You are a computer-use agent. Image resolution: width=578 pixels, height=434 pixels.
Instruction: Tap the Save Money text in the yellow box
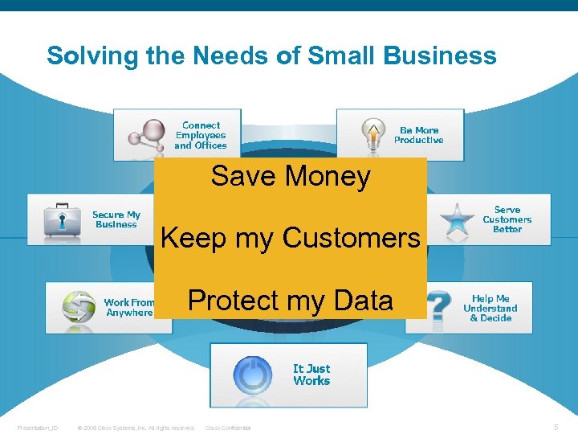(x=291, y=176)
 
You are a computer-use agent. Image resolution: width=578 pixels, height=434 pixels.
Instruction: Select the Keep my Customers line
(x=291, y=238)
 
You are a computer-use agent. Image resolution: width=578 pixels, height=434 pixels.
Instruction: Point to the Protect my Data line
(x=291, y=300)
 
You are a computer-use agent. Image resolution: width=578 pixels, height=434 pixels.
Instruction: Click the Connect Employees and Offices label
(x=201, y=136)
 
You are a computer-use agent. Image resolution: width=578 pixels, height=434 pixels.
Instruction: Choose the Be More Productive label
(x=418, y=135)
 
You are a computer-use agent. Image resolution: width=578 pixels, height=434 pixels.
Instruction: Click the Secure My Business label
(x=116, y=219)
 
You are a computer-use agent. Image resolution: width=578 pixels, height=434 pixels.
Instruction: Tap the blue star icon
(x=457, y=218)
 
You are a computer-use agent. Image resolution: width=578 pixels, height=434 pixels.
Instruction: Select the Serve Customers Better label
(x=507, y=219)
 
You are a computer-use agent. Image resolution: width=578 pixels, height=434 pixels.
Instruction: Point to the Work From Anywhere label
(x=128, y=308)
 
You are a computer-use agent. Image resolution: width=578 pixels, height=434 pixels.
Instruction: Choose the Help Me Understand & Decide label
(x=490, y=309)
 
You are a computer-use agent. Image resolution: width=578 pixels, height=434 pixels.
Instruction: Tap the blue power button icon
(x=252, y=375)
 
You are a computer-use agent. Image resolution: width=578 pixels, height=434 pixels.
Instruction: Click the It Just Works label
(x=311, y=375)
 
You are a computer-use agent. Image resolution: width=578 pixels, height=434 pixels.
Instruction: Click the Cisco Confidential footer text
(x=229, y=428)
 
